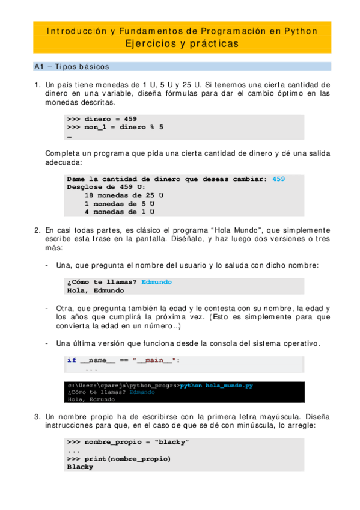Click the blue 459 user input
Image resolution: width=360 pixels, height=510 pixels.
click(278, 179)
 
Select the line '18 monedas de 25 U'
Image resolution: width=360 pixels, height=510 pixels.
click(124, 195)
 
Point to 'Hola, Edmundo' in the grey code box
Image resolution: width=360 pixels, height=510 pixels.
click(96, 290)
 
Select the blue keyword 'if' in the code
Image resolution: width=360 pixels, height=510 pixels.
click(72, 360)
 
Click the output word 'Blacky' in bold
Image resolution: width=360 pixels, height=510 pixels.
click(80, 467)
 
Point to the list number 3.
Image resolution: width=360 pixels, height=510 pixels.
click(37, 416)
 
